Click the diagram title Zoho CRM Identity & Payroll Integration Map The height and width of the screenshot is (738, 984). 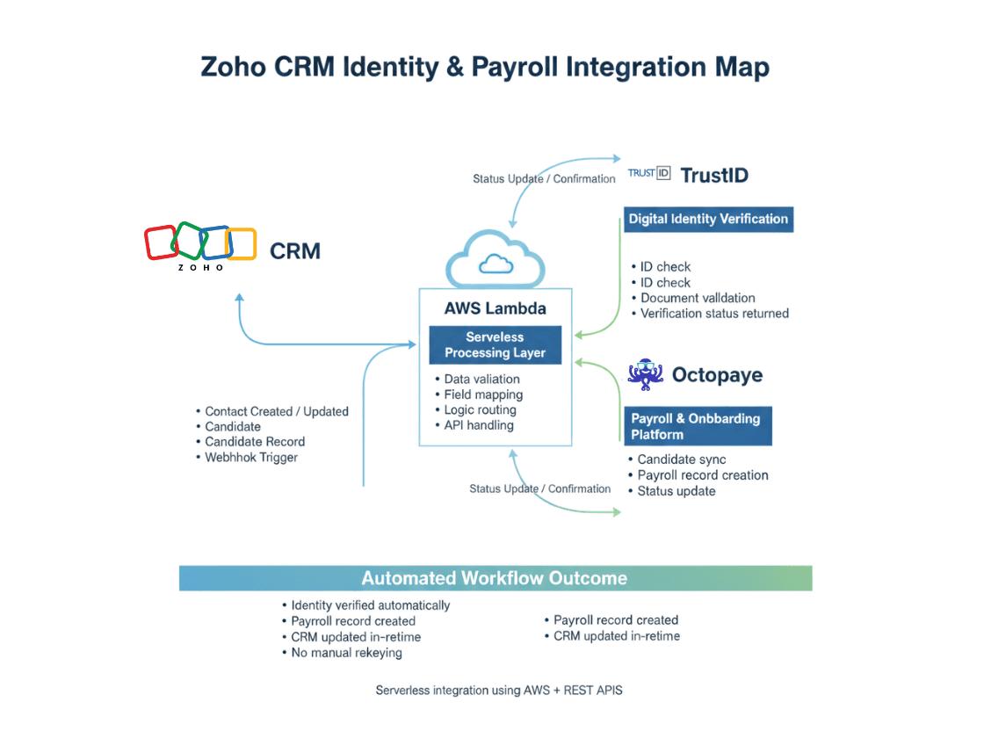click(x=485, y=68)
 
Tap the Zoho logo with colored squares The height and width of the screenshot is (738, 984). click(x=200, y=243)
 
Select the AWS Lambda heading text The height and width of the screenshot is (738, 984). click(x=495, y=308)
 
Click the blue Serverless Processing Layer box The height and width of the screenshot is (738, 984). click(x=495, y=345)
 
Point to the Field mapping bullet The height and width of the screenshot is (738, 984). click(x=483, y=394)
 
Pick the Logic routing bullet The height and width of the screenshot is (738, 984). click(x=480, y=409)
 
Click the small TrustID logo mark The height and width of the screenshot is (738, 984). click(x=648, y=173)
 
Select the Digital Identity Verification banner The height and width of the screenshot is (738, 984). click(x=708, y=219)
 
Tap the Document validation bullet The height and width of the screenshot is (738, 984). click(x=698, y=298)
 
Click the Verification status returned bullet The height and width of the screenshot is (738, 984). click(x=714, y=313)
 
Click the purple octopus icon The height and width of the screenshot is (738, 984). click(x=645, y=374)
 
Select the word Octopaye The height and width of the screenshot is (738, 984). click(x=717, y=375)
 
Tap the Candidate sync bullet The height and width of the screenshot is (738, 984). click(x=681, y=459)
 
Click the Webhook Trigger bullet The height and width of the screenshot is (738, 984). click(x=250, y=457)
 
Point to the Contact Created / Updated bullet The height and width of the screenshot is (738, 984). click(x=276, y=411)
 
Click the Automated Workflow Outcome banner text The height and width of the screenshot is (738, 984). click(x=495, y=578)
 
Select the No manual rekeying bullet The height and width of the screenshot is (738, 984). click(x=346, y=653)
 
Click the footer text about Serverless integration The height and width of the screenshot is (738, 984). click(x=499, y=690)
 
